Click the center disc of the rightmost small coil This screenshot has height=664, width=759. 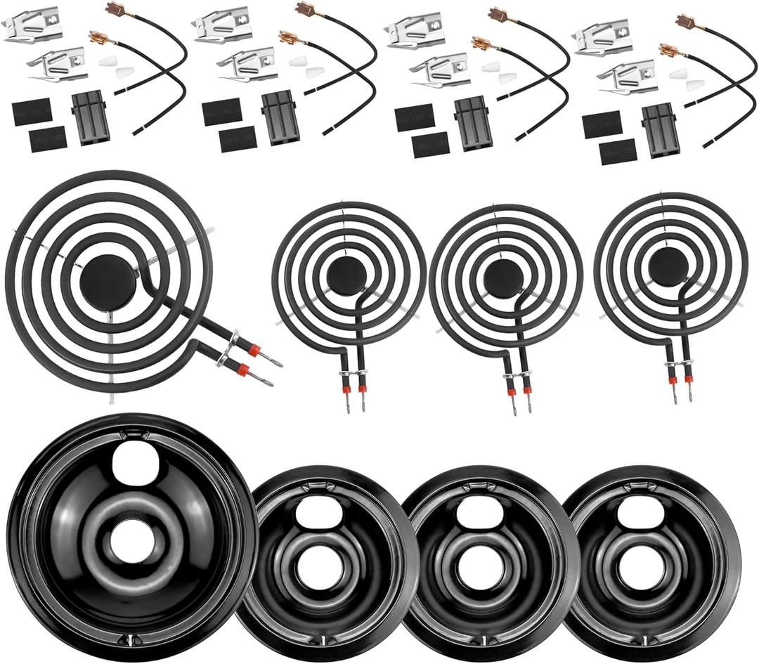(668, 267)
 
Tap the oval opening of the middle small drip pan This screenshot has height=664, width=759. (474, 514)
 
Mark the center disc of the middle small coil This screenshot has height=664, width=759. (502, 277)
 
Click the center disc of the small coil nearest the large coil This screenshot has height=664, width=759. (346, 275)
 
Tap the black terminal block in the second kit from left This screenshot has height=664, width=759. (280, 118)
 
